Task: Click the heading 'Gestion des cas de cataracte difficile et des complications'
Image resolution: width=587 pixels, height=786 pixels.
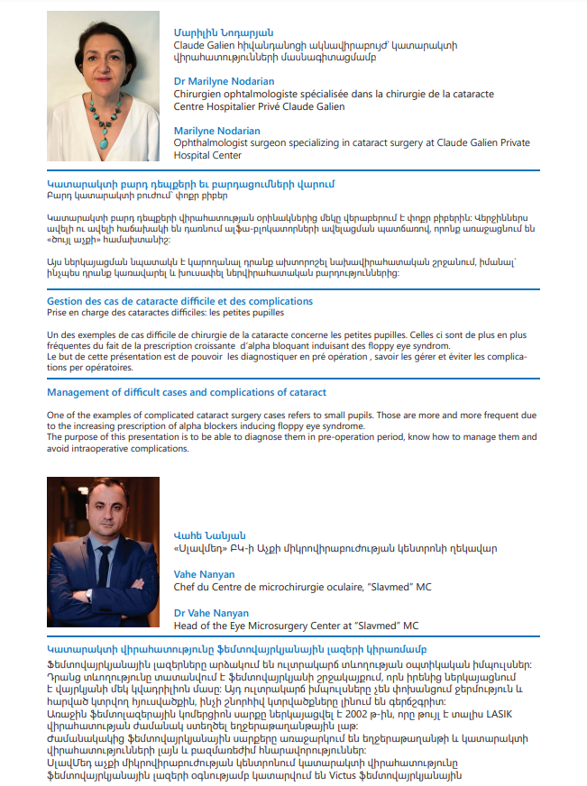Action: [x=179, y=300]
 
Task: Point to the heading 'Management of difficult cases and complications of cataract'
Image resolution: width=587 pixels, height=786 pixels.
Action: [x=186, y=392]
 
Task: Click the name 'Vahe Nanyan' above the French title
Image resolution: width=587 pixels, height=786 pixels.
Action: [x=204, y=574]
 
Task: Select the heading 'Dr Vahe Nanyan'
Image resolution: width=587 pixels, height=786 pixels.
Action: [x=210, y=613]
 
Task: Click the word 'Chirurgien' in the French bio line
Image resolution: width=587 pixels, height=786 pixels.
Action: [x=199, y=93]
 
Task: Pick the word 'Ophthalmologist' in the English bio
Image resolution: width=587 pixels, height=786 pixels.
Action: [x=216, y=143]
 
